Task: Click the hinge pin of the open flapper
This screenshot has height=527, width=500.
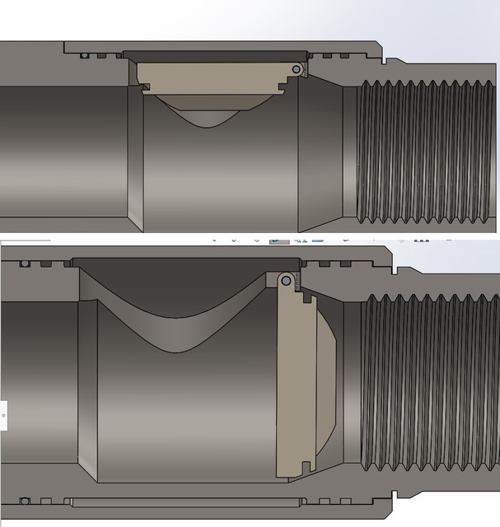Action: pos(295,70)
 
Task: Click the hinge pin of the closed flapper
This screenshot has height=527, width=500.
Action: pos(285,281)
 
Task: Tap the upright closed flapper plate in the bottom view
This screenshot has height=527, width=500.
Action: pos(292,379)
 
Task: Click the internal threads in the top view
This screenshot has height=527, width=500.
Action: pos(420,152)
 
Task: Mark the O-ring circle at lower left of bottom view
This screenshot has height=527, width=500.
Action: pos(26,501)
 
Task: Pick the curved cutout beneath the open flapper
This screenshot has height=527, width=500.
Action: pos(214,115)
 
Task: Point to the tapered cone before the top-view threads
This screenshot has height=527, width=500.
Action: pos(321,148)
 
